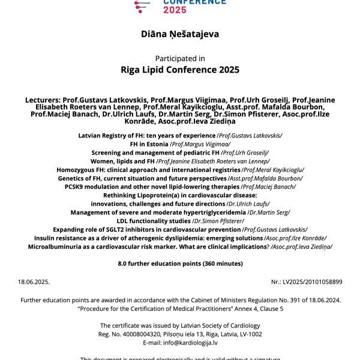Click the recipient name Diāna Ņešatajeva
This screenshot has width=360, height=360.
180,34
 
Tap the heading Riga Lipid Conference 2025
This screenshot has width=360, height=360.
180,70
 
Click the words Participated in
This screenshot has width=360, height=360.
180,58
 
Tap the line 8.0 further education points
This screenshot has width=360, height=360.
180,263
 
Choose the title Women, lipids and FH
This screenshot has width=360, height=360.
122,161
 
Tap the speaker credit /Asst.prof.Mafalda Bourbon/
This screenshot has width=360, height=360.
265,178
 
